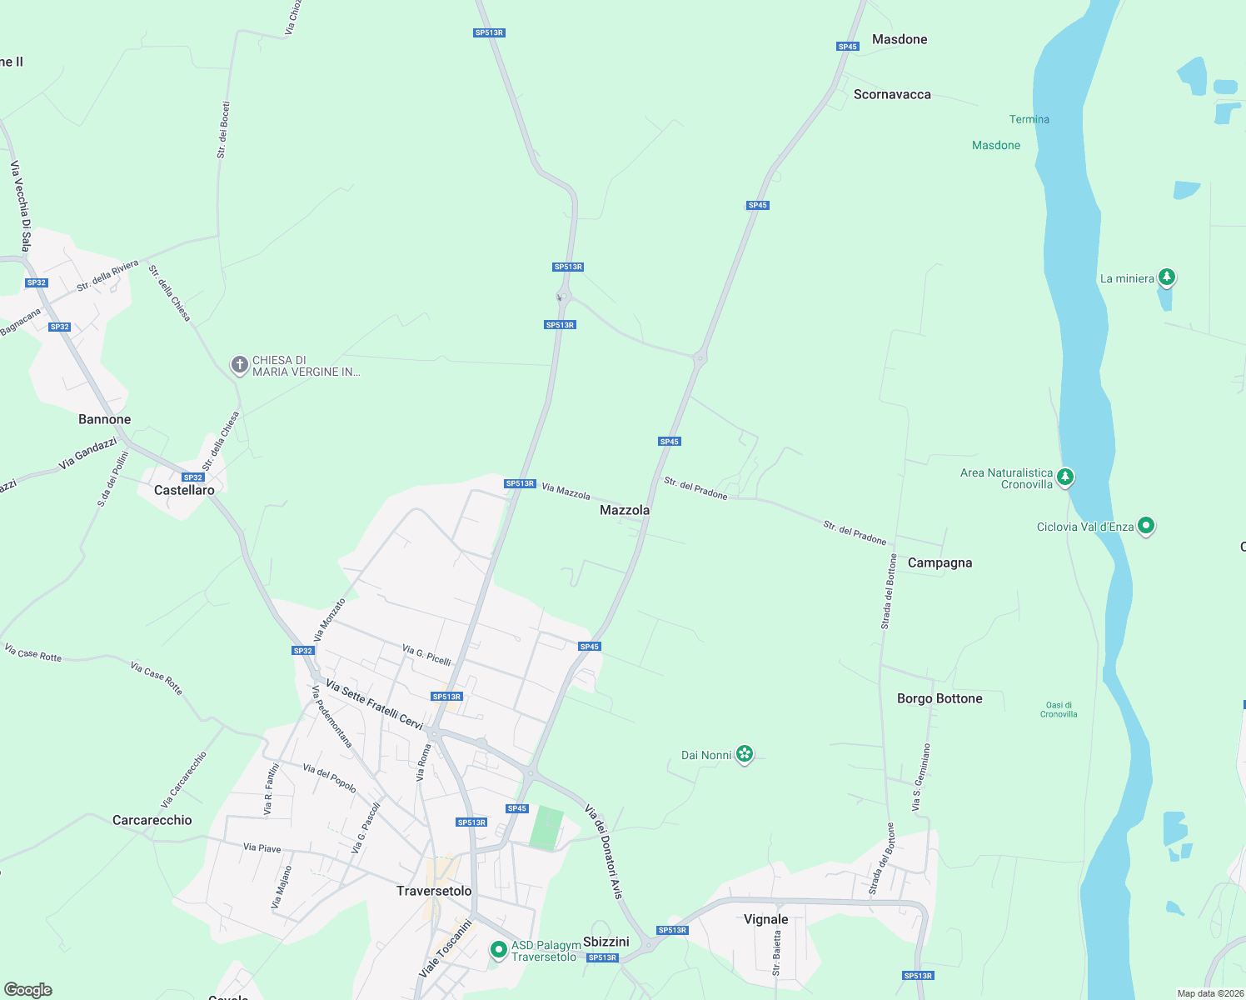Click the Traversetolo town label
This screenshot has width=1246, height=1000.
click(434, 891)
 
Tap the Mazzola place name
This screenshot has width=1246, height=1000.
click(625, 510)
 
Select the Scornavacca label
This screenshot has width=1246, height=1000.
click(892, 94)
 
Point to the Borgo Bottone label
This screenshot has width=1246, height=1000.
click(939, 698)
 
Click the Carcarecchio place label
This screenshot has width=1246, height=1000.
click(152, 820)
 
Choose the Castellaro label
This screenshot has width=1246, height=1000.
click(184, 490)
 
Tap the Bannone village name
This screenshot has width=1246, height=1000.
click(105, 419)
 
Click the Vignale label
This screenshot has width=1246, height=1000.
click(765, 919)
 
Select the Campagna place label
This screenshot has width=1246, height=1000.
click(939, 562)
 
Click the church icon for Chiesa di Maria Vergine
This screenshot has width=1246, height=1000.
click(239, 365)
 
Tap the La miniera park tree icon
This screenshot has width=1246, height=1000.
click(1167, 277)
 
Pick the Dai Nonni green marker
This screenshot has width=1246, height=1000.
click(745, 754)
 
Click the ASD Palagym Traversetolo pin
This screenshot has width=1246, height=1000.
click(498, 949)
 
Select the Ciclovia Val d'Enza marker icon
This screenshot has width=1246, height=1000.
click(1146, 525)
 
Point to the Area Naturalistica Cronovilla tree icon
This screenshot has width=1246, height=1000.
click(1065, 477)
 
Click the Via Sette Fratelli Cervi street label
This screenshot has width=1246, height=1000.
click(375, 705)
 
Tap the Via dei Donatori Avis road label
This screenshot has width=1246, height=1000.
click(604, 851)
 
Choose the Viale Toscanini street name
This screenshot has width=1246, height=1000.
click(446, 947)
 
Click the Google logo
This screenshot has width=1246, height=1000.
click(28, 990)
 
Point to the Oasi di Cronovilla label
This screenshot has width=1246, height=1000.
click(1059, 709)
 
